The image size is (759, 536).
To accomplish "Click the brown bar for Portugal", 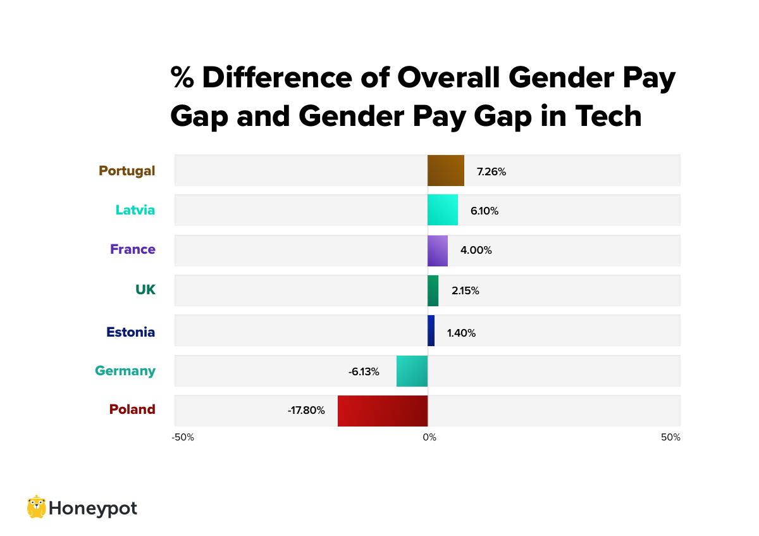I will pos(446,170).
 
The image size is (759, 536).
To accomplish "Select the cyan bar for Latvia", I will pos(443,210).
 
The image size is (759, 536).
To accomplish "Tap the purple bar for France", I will pos(438,251).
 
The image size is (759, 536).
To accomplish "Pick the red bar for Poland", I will pos(383,411).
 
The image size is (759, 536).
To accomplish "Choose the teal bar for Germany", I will pos(412,371).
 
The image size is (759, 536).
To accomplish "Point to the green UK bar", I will pos(433,290).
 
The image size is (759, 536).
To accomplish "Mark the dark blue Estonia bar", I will pos(431,330).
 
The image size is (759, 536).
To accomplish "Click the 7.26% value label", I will pos(491,171).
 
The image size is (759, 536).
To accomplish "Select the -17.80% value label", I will pos(306,411).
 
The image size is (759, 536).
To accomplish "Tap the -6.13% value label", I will pos(364,372).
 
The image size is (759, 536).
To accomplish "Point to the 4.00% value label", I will pos(476,251).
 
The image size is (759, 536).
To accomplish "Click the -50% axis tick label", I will pos(183,437).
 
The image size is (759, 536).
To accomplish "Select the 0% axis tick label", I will pos(429,437).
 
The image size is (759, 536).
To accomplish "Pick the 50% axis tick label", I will pos(670,437).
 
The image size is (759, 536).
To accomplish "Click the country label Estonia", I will pos(130,332).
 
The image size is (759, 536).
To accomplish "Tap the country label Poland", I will pos(132,409).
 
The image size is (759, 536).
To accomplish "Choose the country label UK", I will pos(145,290).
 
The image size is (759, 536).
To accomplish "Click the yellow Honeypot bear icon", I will pos(36,507).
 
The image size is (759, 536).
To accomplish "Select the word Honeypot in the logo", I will pos(92,508).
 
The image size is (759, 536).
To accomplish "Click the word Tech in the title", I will pos(608,116).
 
